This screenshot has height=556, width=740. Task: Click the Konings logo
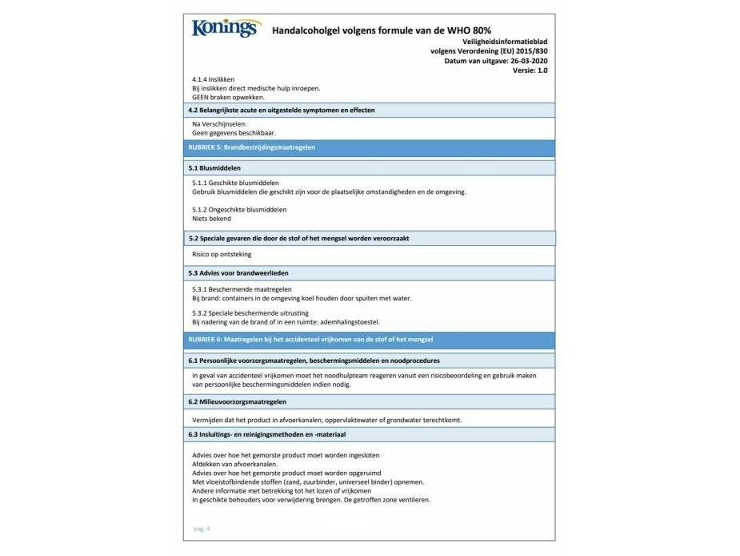pyautogui.click(x=226, y=29)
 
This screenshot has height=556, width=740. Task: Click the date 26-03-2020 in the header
pyautogui.click(x=526, y=61)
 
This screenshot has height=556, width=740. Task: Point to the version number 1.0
pyautogui.click(x=541, y=71)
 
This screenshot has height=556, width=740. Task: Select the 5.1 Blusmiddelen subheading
pyautogui.click(x=214, y=168)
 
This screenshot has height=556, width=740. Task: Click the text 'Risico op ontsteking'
pyautogui.click(x=222, y=254)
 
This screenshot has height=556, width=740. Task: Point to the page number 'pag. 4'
pyautogui.click(x=202, y=528)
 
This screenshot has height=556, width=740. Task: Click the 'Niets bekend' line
pyautogui.click(x=211, y=218)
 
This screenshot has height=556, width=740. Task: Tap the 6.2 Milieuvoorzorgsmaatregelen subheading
pyautogui.click(x=238, y=401)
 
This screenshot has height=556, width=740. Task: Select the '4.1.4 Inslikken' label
pyautogui.click(x=214, y=79)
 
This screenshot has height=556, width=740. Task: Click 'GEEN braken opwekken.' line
pyautogui.click(x=228, y=97)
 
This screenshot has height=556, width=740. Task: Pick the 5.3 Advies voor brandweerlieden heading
pyautogui.click(x=238, y=272)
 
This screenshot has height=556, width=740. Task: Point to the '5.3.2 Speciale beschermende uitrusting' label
pyautogui.click(x=250, y=312)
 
